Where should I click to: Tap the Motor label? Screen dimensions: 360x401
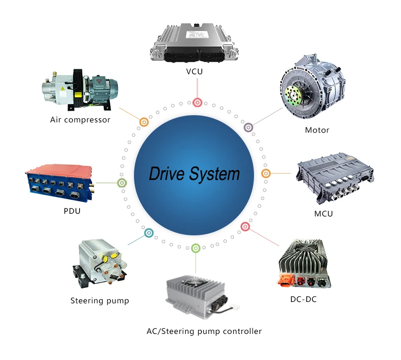click(x=317, y=130)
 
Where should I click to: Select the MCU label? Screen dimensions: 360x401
click(x=324, y=213)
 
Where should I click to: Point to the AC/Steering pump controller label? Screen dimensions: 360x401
click(x=204, y=331)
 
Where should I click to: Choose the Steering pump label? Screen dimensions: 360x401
click(x=100, y=301)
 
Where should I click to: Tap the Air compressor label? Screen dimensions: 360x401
click(x=80, y=120)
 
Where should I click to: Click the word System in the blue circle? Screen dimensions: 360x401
click(x=216, y=174)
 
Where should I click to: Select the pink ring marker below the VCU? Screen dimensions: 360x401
click(x=197, y=102)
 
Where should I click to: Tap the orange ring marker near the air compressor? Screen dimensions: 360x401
click(x=144, y=121)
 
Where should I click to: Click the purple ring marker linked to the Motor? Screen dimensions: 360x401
click(x=248, y=128)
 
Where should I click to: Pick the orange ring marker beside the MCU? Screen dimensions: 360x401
click(x=266, y=173)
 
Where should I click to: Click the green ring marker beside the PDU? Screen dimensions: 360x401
click(x=121, y=183)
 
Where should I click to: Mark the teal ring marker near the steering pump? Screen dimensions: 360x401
click(x=149, y=233)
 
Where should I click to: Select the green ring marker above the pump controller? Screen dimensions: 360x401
click(x=195, y=247)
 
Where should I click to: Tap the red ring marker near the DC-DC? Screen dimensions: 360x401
click(x=245, y=226)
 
